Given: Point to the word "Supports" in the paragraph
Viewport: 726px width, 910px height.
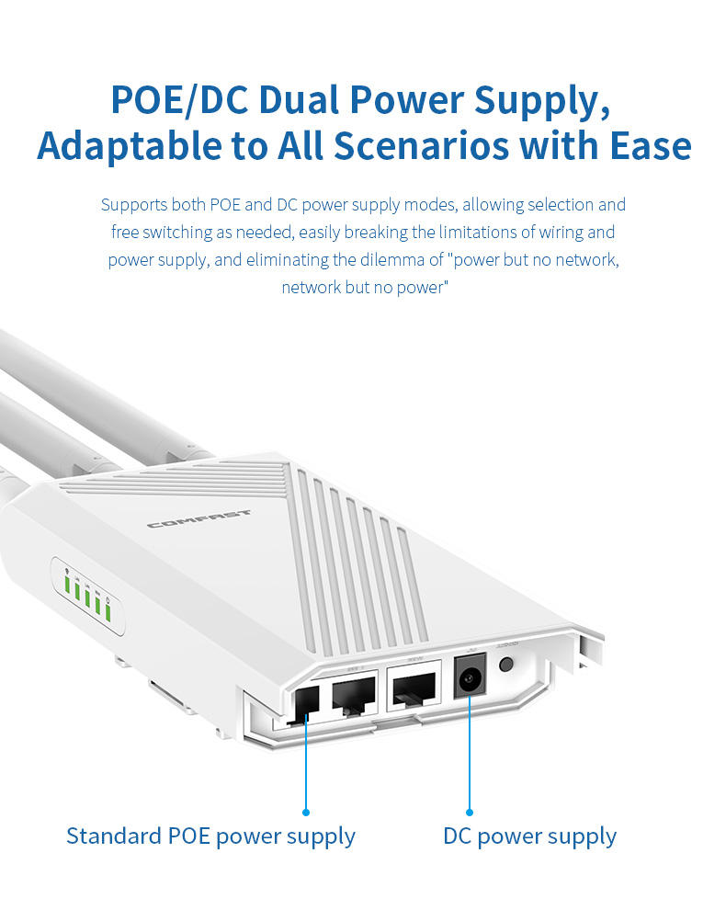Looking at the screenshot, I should click(131, 204).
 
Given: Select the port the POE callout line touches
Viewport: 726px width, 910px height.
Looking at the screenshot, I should click(306, 702).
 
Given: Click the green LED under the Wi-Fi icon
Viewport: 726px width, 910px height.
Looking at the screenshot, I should click(67, 583).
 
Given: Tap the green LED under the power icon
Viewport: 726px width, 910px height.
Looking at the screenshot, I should click(108, 610).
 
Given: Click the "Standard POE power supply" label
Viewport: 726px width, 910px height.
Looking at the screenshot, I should click(210, 836).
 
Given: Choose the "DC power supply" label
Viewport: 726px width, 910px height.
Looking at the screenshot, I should click(529, 836).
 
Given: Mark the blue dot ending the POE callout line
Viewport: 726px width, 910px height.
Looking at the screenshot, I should click(306, 812).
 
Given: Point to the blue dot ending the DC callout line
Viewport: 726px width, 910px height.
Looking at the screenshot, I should click(469, 812).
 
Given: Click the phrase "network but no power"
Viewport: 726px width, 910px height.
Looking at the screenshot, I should click(364, 288).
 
